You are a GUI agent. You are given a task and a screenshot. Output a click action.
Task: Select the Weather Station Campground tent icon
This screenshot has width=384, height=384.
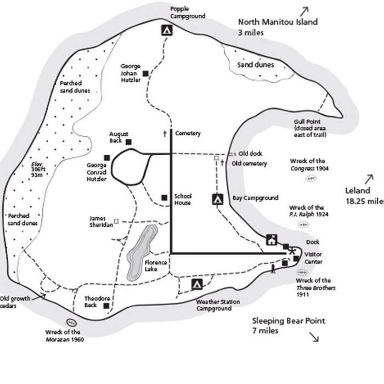click(x=197, y=284)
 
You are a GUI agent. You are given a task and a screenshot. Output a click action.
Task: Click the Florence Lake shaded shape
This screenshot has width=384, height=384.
click(x=138, y=252)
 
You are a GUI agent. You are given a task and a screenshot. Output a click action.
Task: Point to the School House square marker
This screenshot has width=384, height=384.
click(x=164, y=198)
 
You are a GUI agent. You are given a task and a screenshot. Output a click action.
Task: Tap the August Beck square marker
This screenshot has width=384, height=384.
click(x=128, y=142)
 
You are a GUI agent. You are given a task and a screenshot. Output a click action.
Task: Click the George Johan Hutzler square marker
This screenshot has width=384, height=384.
click(x=145, y=74)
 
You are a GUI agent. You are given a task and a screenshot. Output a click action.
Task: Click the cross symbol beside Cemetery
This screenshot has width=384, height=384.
click(x=164, y=133)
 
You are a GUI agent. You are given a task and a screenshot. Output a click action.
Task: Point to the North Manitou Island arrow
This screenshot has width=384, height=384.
click(x=304, y=10)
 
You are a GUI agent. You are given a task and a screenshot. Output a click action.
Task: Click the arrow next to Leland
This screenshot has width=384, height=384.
click(x=369, y=179)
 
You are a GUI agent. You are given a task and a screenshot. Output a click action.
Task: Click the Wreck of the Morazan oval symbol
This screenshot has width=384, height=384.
click(x=71, y=323)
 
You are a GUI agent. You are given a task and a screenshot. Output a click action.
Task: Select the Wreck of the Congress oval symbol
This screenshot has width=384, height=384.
click(x=310, y=178)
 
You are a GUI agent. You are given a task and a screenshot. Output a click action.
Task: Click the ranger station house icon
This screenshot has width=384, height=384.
click(x=271, y=239)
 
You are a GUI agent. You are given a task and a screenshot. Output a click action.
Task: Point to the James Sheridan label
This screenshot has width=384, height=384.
click(x=100, y=221)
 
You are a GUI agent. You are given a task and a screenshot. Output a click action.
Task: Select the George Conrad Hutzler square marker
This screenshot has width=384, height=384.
click(x=107, y=158)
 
